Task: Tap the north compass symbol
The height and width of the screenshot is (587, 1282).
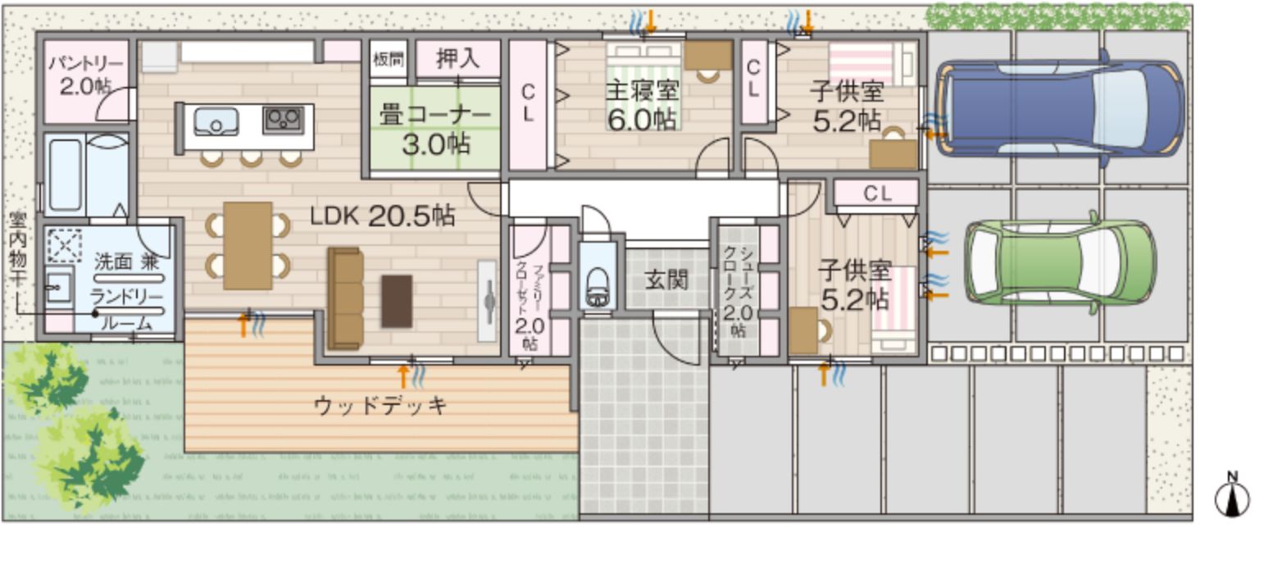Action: [x=1231, y=495]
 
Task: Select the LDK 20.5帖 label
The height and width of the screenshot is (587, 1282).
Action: [x=382, y=216]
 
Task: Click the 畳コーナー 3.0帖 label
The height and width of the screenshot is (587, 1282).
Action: [x=435, y=130]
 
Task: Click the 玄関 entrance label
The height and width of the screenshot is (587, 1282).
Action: [x=666, y=280]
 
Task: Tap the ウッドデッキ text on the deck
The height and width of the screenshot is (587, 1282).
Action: [x=380, y=405]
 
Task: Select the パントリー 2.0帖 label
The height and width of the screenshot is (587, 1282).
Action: [x=85, y=75]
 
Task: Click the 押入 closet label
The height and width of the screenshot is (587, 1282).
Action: [x=457, y=59]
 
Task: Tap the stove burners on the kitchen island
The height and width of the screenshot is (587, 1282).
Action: [x=283, y=121]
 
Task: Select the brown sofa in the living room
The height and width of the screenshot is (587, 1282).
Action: [x=345, y=298]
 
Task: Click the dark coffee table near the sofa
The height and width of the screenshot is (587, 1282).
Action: [x=397, y=301]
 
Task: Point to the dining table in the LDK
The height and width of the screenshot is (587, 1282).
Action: [x=248, y=245]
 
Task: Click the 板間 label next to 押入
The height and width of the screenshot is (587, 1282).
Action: [x=388, y=59]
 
